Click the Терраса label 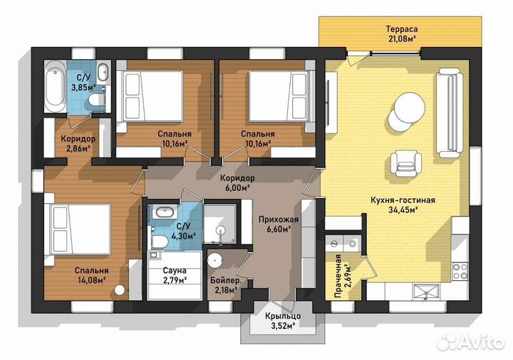[401, 29]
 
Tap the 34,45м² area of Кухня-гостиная [403, 210]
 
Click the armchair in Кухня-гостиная [405, 164]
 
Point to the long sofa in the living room [450, 113]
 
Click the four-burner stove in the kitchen [460, 272]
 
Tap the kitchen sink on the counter [427, 292]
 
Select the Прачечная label [338, 276]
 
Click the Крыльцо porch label [283, 316]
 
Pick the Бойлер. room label [226, 280]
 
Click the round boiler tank [216, 260]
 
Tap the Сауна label [175, 271]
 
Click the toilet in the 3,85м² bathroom [97, 100]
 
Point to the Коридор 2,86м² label [78, 144]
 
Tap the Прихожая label [279, 220]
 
